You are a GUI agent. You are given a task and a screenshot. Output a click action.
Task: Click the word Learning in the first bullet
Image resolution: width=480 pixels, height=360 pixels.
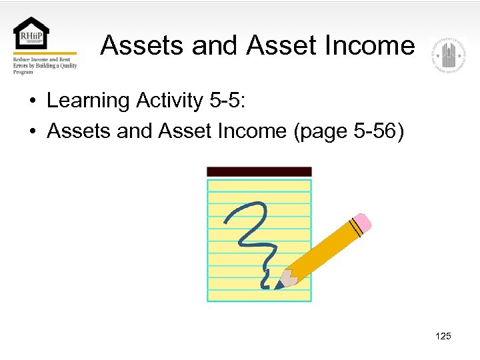[x=88, y=101]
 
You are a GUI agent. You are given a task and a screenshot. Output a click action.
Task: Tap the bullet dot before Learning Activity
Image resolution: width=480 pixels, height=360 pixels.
[x=32, y=102]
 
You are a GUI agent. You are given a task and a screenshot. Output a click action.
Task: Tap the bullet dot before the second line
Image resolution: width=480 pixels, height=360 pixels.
[x=32, y=132]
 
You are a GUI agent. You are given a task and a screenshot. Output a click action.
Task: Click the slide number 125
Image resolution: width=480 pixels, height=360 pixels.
[x=443, y=336]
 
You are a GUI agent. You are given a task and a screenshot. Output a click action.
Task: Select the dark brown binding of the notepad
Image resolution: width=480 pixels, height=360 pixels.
[x=259, y=171]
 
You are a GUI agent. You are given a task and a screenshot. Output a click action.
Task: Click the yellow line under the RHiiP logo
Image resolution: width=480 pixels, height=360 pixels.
[x=45, y=53]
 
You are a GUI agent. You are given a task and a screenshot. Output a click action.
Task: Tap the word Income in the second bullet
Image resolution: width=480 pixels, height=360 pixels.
[x=249, y=131]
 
